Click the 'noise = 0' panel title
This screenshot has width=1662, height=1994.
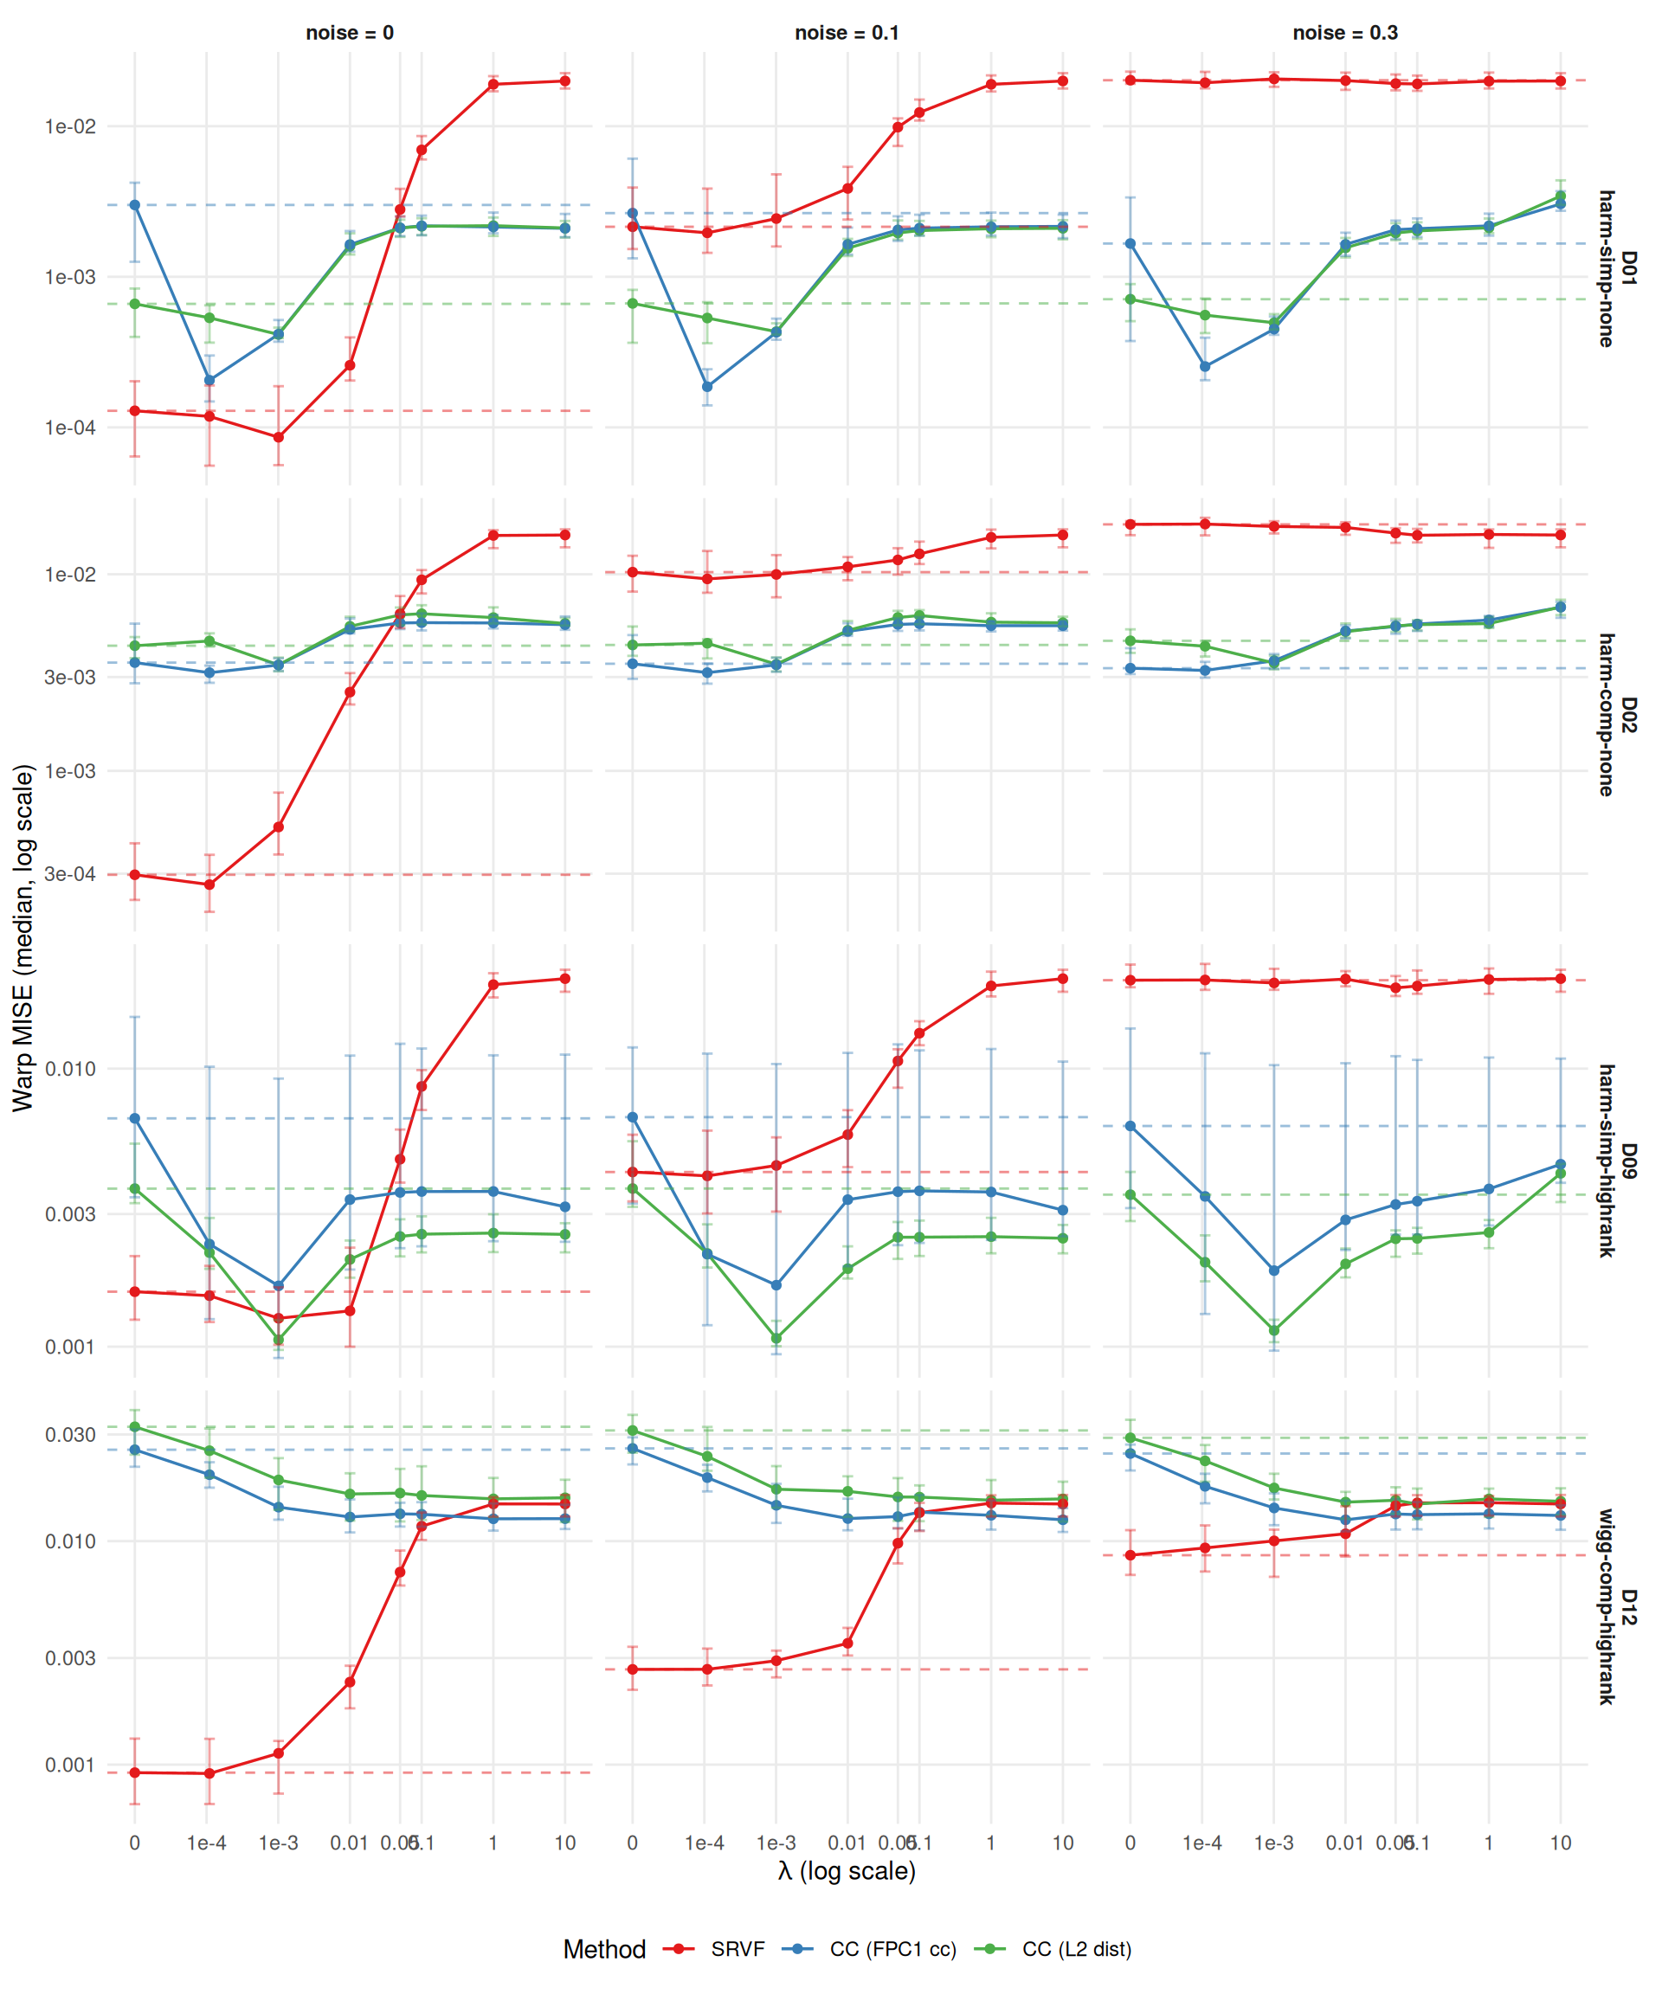(x=350, y=32)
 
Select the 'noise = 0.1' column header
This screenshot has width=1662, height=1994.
(x=847, y=32)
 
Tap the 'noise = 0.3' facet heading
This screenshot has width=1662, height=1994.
(x=1345, y=32)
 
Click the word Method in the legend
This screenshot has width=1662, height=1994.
(x=604, y=1949)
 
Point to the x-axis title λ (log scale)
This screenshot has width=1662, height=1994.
(x=847, y=1870)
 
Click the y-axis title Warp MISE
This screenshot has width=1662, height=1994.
(x=23, y=937)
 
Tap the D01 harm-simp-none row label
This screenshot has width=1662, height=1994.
(x=1616, y=268)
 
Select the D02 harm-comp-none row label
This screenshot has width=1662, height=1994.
(x=1616, y=715)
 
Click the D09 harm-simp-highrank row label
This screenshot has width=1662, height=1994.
(x=1616, y=1161)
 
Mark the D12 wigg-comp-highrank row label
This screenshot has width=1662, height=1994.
(x=1616, y=1606)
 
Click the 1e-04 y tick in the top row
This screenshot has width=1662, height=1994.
(x=70, y=428)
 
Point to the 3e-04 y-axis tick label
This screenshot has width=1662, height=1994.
(x=70, y=874)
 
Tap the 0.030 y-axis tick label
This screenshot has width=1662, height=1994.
(x=70, y=1435)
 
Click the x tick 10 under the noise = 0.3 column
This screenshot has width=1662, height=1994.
(x=1561, y=1844)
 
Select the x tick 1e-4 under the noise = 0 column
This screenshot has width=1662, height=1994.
(x=206, y=1844)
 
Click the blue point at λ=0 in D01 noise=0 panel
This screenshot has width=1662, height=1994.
(x=135, y=205)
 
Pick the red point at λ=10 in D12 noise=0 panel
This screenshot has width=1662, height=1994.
(x=565, y=1504)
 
